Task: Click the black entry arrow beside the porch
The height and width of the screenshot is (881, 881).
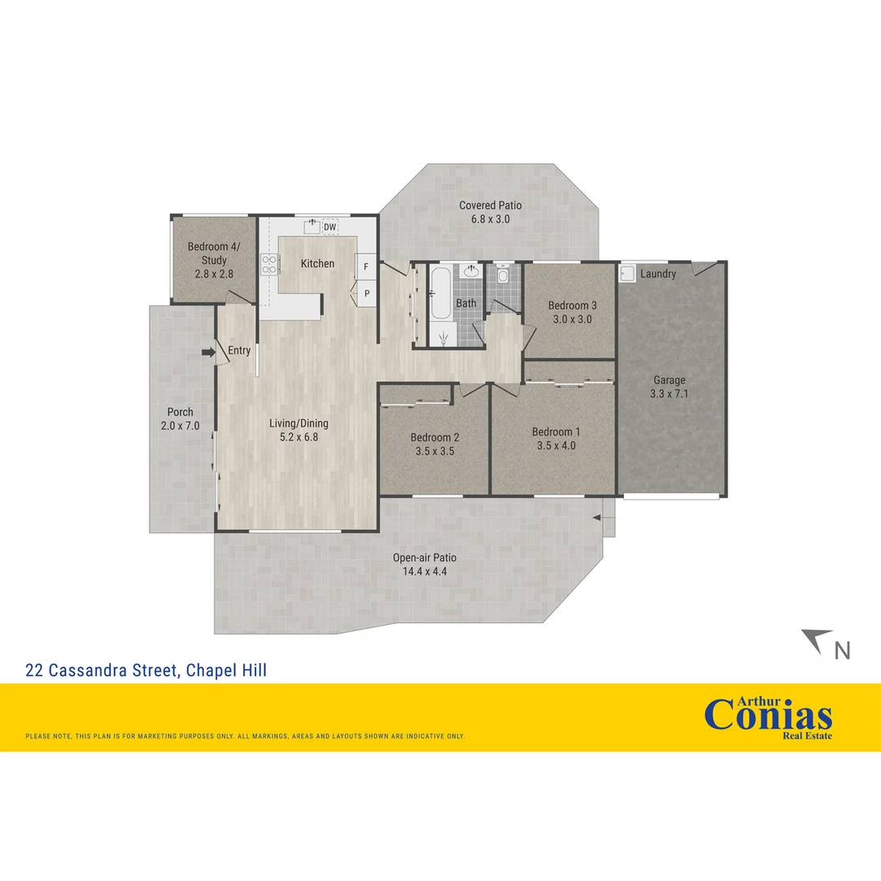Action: pyautogui.click(x=208, y=352)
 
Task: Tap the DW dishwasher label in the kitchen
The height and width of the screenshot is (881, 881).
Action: pyautogui.click(x=330, y=226)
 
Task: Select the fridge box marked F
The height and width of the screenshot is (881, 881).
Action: pyautogui.click(x=366, y=267)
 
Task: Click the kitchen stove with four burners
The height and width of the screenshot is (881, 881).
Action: pyautogui.click(x=270, y=263)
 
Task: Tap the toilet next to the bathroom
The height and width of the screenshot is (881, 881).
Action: pyautogui.click(x=502, y=275)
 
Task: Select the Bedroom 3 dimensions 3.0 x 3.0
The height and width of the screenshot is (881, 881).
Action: pyautogui.click(x=572, y=320)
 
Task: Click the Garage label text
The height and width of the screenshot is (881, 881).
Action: pyautogui.click(x=669, y=380)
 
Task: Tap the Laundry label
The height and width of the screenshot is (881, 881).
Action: pyautogui.click(x=657, y=274)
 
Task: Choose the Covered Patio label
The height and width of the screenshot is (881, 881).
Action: pyautogui.click(x=490, y=206)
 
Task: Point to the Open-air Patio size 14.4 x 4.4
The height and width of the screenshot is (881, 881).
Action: pyautogui.click(x=424, y=572)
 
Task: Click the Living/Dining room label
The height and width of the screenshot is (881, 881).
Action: pyautogui.click(x=299, y=423)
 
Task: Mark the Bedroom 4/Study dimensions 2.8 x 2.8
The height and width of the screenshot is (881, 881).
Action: pyautogui.click(x=214, y=274)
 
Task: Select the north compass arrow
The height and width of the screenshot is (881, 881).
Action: pyautogui.click(x=817, y=639)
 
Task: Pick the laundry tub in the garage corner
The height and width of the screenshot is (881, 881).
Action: pyautogui.click(x=627, y=273)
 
